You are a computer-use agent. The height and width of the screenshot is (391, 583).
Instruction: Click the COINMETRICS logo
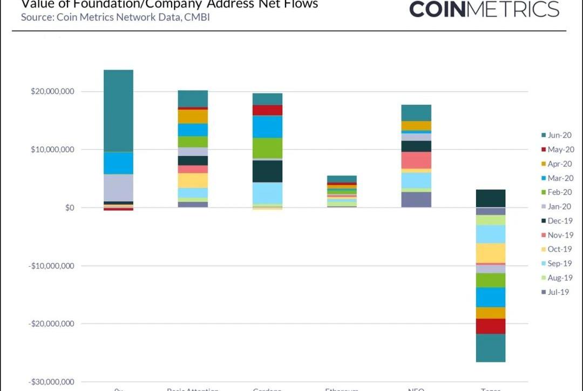tap(484, 9)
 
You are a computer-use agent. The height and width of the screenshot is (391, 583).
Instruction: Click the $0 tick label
tap(70, 208)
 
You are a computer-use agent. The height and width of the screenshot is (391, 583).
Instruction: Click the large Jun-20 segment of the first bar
tap(118, 111)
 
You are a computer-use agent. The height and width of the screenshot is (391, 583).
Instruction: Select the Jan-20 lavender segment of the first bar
tap(118, 187)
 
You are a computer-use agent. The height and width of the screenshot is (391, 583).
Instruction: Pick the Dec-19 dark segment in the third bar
tap(267, 171)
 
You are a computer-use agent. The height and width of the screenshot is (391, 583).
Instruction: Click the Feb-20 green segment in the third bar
tap(267, 148)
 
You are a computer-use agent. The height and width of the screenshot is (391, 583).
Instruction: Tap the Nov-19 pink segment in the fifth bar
tap(416, 160)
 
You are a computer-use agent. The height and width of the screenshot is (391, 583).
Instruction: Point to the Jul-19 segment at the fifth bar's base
tap(416, 200)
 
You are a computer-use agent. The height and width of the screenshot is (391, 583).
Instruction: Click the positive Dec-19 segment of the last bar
tap(491, 198)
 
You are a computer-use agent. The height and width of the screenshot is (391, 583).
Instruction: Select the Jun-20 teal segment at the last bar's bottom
tap(491, 348)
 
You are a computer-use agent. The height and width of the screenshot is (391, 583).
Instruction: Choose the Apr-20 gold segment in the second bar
tap(193, 116)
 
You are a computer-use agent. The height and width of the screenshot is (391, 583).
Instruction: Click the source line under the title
tap(115, 17)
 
